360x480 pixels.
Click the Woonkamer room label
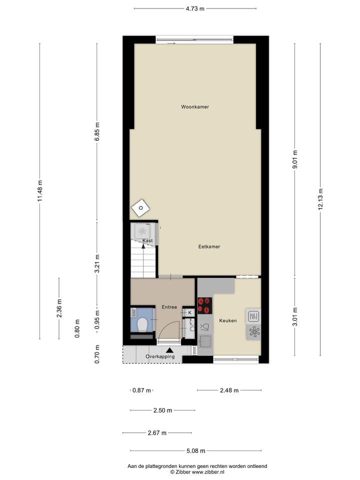click(x=195, y=107)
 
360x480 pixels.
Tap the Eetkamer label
click(x=209, y=246)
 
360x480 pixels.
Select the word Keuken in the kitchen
click(x=228, y=320)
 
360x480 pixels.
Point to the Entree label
click(x=169, y=307)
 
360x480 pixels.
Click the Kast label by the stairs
click(x=147, y=241)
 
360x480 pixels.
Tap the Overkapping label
click(x=160, y=356)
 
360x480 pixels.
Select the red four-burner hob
click(x=205, y=305)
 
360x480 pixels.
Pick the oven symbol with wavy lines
click(x=253, y=316)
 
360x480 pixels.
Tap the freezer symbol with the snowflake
click(x=253, y=332)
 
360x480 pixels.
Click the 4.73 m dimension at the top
click(x=195, y=8)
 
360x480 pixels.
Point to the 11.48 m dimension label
click(x=40, y=190)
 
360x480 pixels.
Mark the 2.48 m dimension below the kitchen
click(x=229, y=390)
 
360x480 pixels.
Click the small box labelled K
click(x=189, y=312)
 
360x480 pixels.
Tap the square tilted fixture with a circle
click(x=141, y=207)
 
